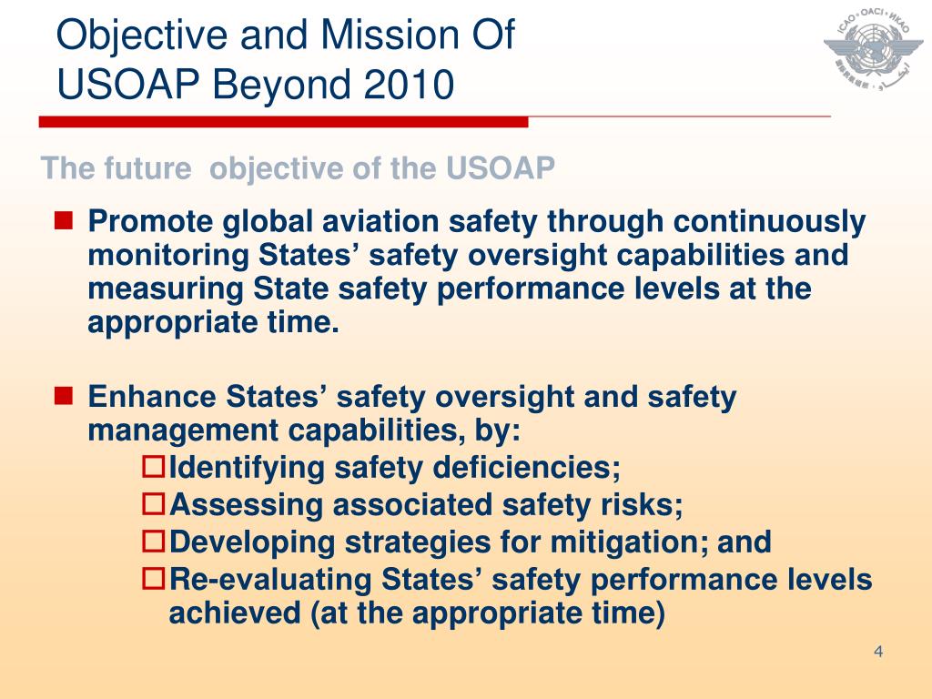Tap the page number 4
(x=878, y=651)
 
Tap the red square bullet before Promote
(x=64, y=220)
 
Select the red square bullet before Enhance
(x=64, y=396)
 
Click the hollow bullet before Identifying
(x=155, y=469)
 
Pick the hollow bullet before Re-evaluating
(x=155, y=578)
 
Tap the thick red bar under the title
(x=283, y=121)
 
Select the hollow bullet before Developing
(x=155, y=542)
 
